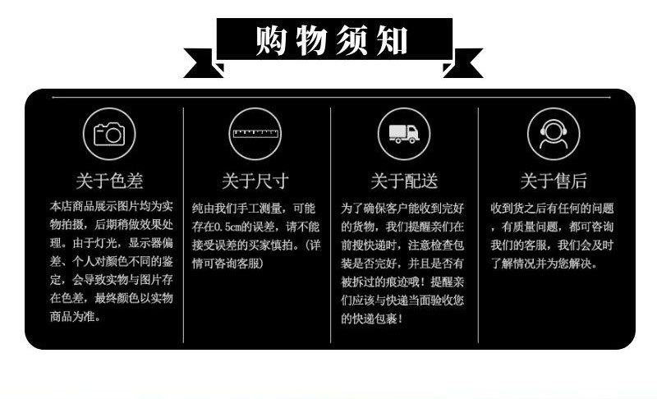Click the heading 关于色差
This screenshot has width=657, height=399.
[109, 181]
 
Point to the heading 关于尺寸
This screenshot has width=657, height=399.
[255, 181]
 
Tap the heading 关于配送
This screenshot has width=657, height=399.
[403, 181]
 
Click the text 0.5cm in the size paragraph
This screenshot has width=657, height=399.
[232, 227]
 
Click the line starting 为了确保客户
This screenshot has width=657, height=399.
[402, 208]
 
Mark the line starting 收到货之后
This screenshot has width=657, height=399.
[552, 208]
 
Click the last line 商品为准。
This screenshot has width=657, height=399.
[76, 318]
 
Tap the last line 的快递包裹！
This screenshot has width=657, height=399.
[373, 318]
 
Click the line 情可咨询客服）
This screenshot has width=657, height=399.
[227, 263]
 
